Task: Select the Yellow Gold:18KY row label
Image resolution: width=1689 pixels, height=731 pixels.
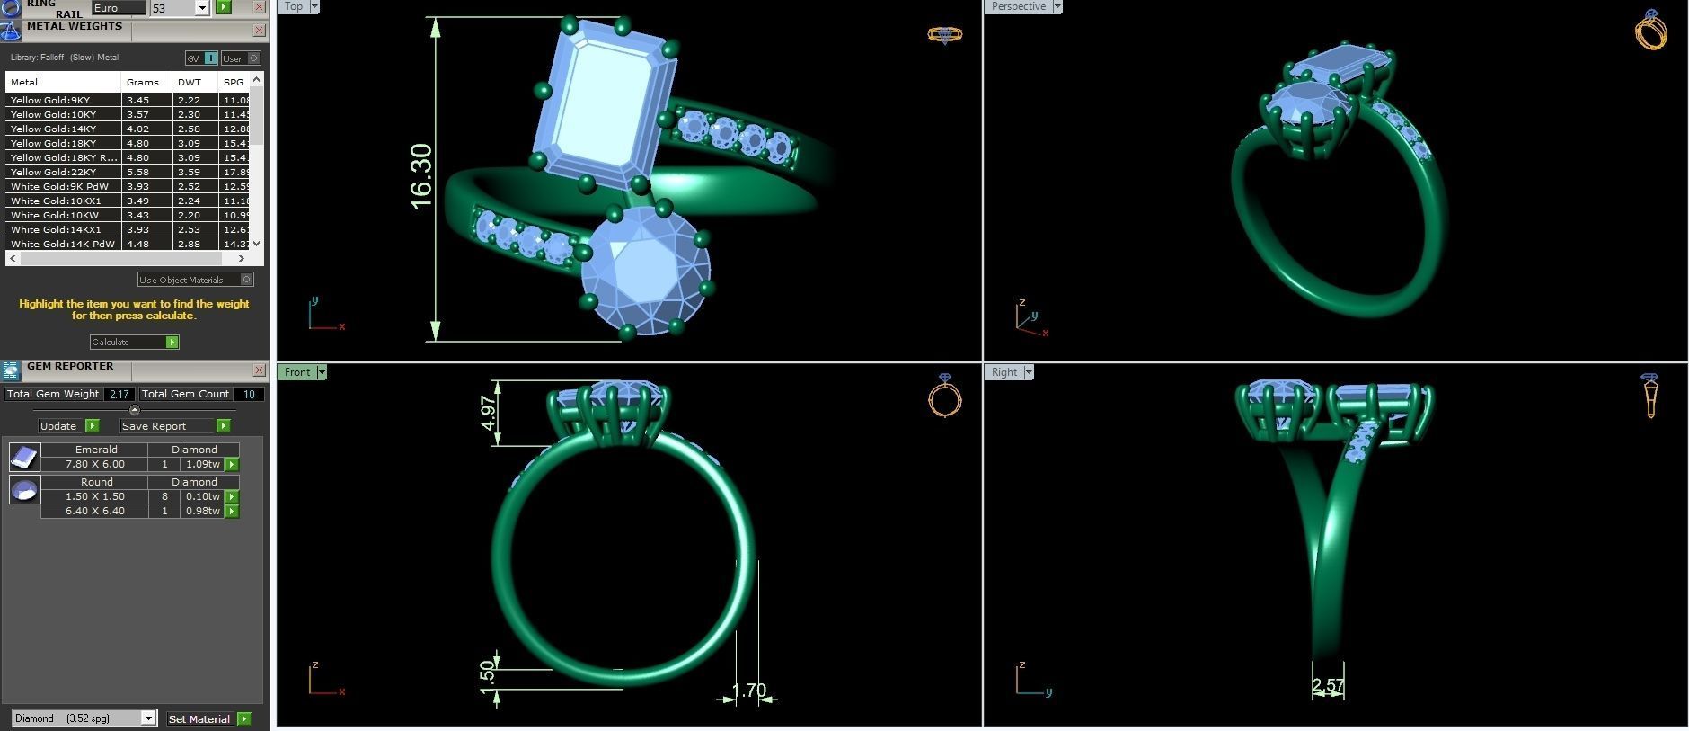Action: pos(54,143)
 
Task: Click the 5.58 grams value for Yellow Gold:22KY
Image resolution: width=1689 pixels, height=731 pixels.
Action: pos(138,172)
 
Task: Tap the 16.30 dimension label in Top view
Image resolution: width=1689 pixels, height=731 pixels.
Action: pos(420,176)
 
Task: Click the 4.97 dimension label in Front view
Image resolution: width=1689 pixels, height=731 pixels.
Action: pos(488,413)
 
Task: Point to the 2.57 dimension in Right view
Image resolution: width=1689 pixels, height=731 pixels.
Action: pos(1327,686)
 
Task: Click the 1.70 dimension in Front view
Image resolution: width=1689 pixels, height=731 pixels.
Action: pos(748,691)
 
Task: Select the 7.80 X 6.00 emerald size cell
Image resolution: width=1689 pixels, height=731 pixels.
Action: pos(94,464)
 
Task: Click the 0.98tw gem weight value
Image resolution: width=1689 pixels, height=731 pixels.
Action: pos(202,511)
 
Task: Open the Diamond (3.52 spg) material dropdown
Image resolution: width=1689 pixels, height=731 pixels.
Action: pos(148,718)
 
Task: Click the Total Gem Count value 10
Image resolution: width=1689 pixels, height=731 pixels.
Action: pos(249,394)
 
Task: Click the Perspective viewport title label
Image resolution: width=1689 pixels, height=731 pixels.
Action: pos(1018,6)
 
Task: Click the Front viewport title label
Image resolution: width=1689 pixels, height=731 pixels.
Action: pos(296,372)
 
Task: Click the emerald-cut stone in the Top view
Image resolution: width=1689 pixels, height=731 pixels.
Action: pos(604,103)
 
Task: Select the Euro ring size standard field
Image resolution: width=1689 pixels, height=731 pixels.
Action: pos(118,7)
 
